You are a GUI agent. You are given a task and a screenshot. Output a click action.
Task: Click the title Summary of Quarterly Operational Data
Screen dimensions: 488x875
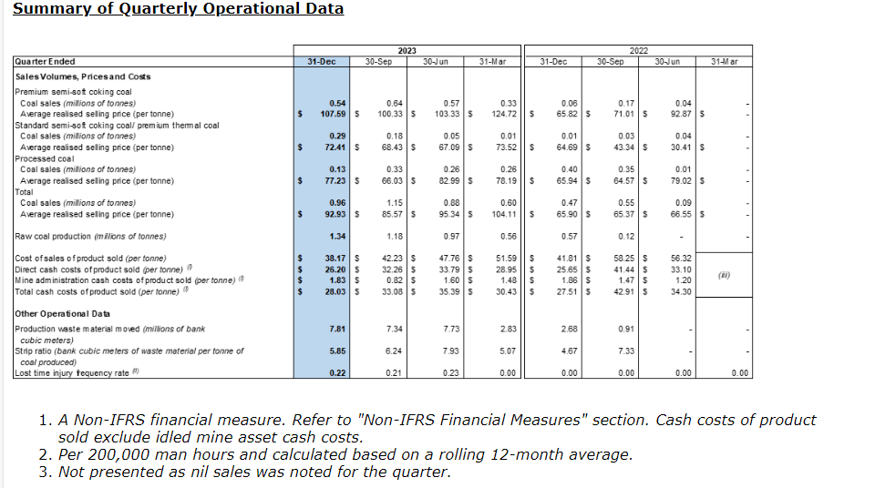point(179,9)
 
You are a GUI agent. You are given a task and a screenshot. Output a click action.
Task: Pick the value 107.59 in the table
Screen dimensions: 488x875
point(330,114)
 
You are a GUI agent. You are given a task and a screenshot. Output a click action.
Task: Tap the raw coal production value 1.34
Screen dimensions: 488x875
point(337,237)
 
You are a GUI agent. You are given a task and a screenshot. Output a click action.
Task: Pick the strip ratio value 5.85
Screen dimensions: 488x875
point(337,350)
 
